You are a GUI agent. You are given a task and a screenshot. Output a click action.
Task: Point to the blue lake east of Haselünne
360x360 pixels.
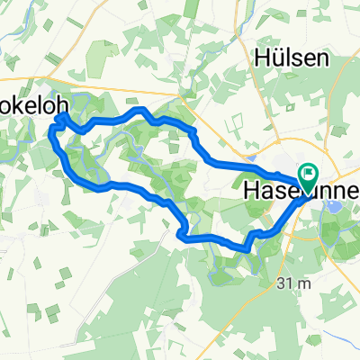pos(331,206)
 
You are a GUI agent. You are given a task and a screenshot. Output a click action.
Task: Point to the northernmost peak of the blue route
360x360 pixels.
pos(139,109)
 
